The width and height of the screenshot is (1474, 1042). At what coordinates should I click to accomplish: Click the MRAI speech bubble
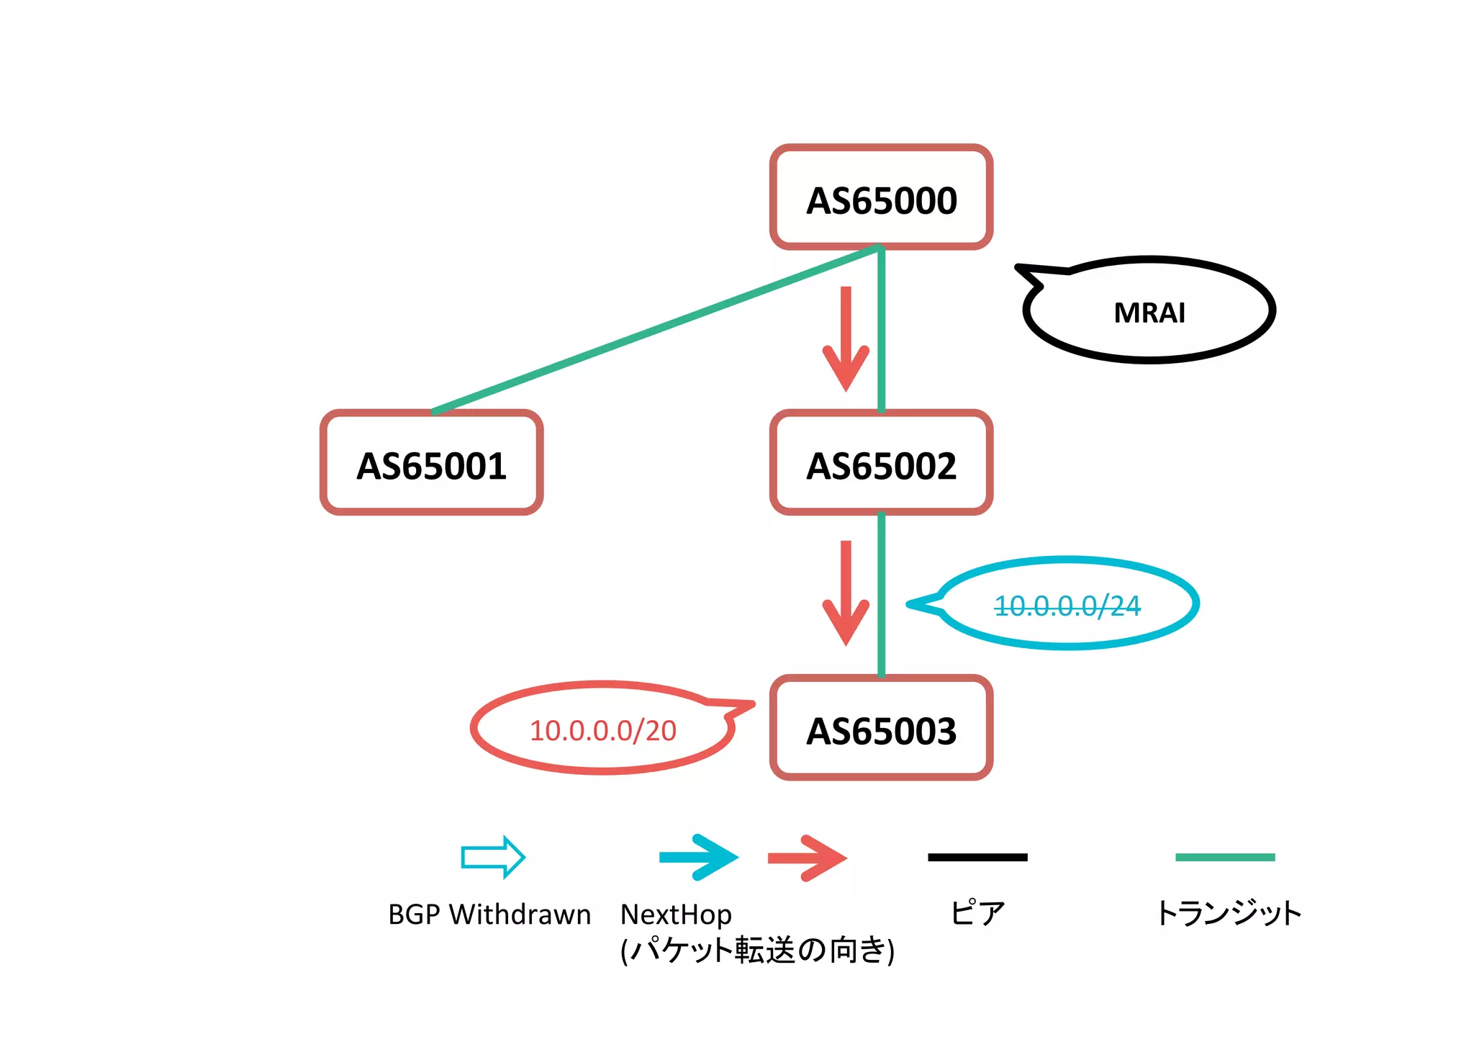[x=1149, y=312]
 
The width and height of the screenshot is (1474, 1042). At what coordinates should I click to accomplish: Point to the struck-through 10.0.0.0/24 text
[x=1067, y=606]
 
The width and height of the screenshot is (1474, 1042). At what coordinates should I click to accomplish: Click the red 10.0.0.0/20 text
[x=602, y=730]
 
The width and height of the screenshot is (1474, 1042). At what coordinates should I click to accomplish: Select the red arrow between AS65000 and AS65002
[x=846, y=338]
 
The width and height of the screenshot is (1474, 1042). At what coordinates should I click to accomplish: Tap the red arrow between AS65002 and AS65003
[x=846, y=592]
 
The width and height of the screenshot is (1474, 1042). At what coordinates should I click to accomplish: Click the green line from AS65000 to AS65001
[x=655, y=330]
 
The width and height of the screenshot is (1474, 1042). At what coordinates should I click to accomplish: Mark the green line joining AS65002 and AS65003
[x=881, y=595]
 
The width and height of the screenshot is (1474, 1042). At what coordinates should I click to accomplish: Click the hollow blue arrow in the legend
[x=493, y=857]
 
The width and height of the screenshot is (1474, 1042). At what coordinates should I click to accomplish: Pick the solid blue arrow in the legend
[x=698, y=857]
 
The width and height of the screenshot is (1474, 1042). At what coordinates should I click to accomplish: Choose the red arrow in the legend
[x=807, y=858]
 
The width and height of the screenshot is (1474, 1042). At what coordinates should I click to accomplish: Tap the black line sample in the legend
[x=977, y=857]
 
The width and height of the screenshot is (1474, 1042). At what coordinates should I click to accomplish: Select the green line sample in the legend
[x=1224, y=857]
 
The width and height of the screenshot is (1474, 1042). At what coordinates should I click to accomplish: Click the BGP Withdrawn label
[x=489, y=915]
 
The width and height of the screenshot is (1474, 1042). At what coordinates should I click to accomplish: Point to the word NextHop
[x=676, y=915]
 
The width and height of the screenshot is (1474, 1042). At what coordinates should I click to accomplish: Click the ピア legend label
[x=977, y=913]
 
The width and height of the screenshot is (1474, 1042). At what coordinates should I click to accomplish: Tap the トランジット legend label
[x=1228, y=913]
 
